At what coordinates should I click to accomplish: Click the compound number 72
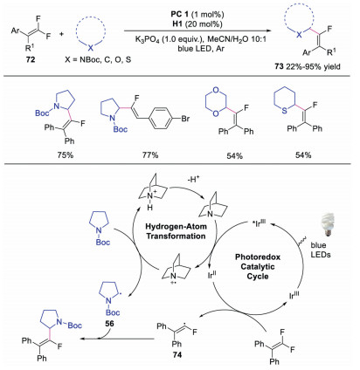point(31,59)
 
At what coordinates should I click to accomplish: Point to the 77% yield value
point(150,154)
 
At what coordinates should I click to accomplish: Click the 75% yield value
point(66,154)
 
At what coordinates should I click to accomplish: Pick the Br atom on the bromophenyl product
point(185,119)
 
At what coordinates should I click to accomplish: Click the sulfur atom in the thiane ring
point(285,111)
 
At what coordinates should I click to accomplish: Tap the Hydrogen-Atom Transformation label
point(176,231)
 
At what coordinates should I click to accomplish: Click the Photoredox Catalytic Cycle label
point(258,266)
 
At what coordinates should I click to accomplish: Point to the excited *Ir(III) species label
point(260,223)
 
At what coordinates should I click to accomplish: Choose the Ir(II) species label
point(211,275)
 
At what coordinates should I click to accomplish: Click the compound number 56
point(109,324)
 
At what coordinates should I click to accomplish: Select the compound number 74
point(177,355)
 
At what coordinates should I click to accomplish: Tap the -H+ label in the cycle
point(193,180)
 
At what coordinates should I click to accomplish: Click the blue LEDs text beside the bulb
point(321,250)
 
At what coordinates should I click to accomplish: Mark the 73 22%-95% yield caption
point(307,66)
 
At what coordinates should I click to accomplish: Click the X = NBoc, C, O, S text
point(98,60)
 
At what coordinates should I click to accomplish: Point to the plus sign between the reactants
point(61,34)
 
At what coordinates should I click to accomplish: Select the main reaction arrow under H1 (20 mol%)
point(197,31)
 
